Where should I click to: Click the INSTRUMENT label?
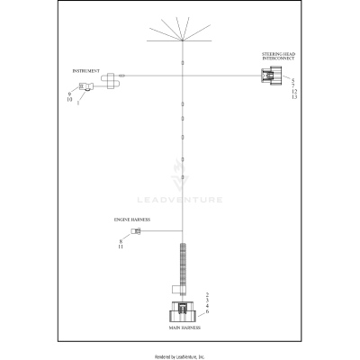click(86, 69)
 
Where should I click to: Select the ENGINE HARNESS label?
click(131, 219)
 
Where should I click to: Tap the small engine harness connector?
click(136, 232)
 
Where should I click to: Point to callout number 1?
click(77, 102)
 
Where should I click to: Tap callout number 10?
click(69, 99)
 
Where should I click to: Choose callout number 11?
click(121, 246)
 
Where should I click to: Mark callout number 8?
click(121, 239)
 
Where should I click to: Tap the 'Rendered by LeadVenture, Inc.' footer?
click(180, 355)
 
